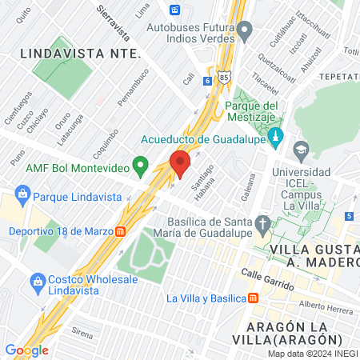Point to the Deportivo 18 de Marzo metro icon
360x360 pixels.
tap(119, 231)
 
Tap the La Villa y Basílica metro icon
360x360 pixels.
tap(253, 298)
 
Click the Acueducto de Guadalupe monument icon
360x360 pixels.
tap(276, 136)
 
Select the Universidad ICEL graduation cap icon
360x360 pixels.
tap(301, 149)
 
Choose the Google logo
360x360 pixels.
tap(26, 350)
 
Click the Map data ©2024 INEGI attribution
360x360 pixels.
tap(312, 354)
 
